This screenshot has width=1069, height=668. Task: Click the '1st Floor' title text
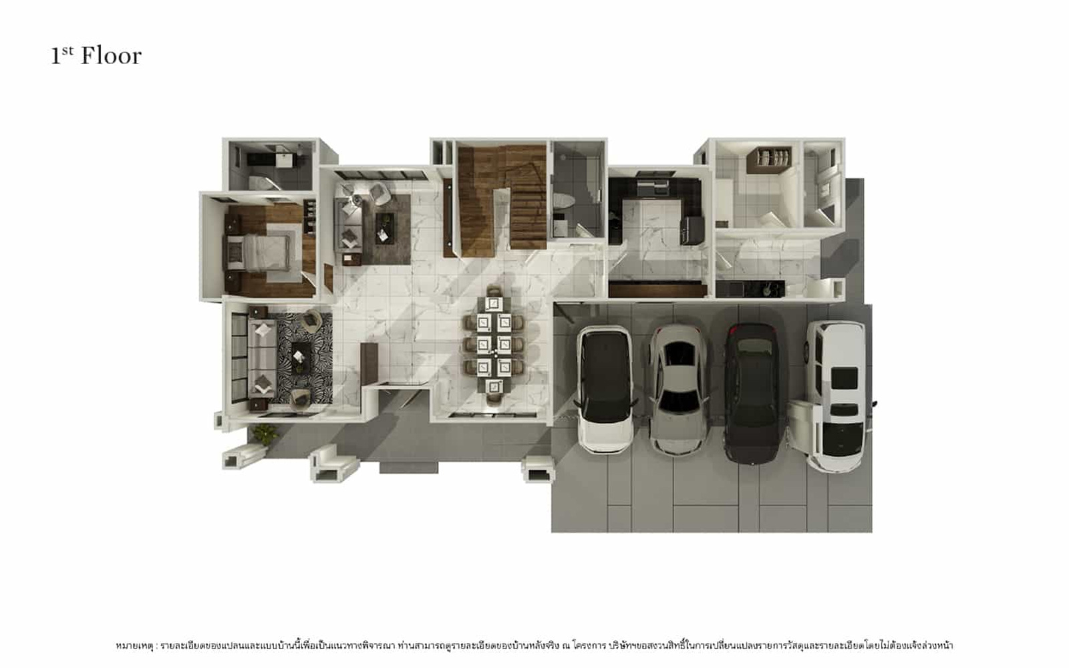pos(96,56)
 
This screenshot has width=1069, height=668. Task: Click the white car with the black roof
pos(605,389)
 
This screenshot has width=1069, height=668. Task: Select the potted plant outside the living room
pos(265,434)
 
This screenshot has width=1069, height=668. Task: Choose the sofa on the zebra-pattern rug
pos(262,358)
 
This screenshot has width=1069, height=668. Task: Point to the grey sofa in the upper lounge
pos(348,224)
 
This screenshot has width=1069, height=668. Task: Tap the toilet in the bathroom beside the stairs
pos(563,201)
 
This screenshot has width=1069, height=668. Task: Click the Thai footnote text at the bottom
pos(534,646)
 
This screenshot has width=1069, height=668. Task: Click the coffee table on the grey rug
pos(385,228)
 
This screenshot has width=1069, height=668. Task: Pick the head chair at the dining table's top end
pos(494,291)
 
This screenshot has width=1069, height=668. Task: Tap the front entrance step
pos(408,467)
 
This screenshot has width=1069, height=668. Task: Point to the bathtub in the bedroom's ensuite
pos(263,182)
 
